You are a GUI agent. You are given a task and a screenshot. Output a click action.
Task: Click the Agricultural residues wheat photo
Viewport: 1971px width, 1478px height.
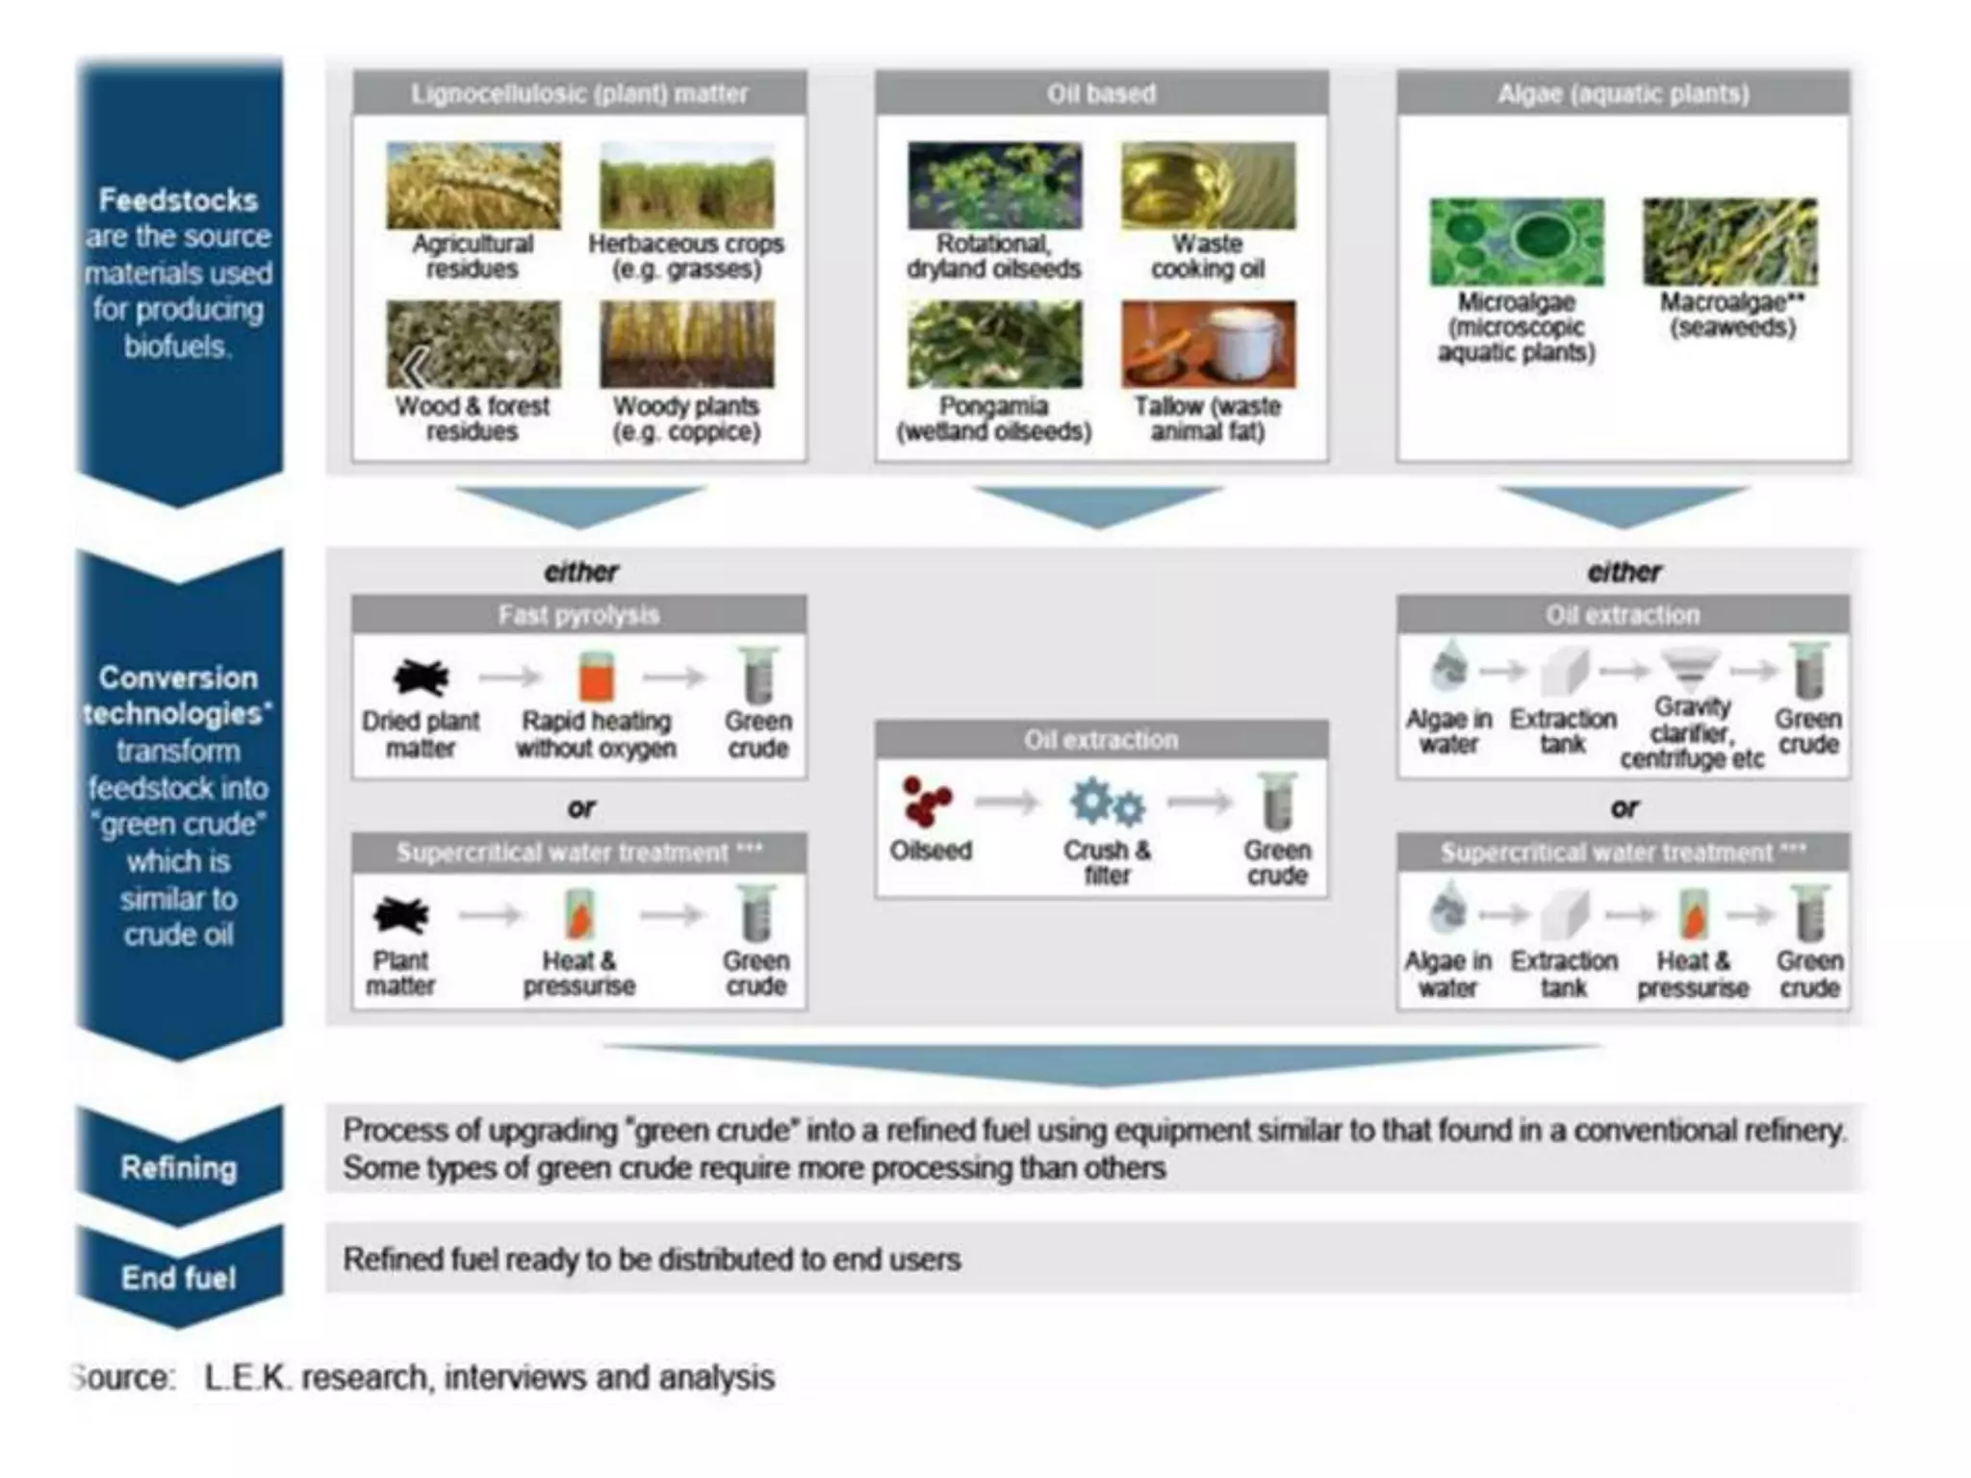point(473,185)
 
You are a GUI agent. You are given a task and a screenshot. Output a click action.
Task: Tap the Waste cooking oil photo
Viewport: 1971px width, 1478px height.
point(1208,185)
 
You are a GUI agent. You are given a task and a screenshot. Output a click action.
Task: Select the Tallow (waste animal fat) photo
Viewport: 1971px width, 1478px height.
point(1208,344)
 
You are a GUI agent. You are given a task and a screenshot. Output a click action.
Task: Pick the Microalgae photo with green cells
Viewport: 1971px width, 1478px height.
point(1517,242)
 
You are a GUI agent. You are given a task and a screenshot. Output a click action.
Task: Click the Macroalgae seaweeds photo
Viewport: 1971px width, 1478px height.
point(1730,242)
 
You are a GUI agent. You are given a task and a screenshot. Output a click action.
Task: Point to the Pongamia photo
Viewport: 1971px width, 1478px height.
point(994,344)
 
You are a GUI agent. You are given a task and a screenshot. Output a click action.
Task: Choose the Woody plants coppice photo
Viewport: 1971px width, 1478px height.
point(686,344)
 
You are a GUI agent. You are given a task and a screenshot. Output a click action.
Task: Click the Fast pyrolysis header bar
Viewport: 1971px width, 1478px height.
point(578,615)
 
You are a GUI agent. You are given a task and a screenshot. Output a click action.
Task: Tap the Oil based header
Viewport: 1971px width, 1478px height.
point(1101,93)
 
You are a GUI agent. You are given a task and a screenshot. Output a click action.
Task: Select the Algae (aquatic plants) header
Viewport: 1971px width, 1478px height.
point(1623,93)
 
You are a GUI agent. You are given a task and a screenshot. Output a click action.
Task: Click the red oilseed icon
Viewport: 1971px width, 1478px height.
point(926,801)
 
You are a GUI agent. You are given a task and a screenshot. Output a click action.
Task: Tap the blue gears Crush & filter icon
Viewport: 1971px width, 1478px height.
point(1108,803)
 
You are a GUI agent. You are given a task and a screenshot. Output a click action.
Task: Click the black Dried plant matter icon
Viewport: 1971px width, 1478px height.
point(421,676)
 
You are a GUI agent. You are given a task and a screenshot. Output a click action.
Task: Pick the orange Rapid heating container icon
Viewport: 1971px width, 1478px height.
point(596,675)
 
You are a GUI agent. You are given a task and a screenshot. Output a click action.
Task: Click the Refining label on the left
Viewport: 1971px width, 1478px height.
point(179,1167)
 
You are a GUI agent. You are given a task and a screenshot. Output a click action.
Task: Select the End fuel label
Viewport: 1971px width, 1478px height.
point(179,1278)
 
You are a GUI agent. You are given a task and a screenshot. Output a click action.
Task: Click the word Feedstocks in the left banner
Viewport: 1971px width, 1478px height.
point(179,200)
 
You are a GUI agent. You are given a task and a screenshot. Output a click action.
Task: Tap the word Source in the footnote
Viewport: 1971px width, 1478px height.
point(125,1377)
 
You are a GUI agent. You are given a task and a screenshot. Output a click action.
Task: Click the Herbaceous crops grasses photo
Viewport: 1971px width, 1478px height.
point(686,185)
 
